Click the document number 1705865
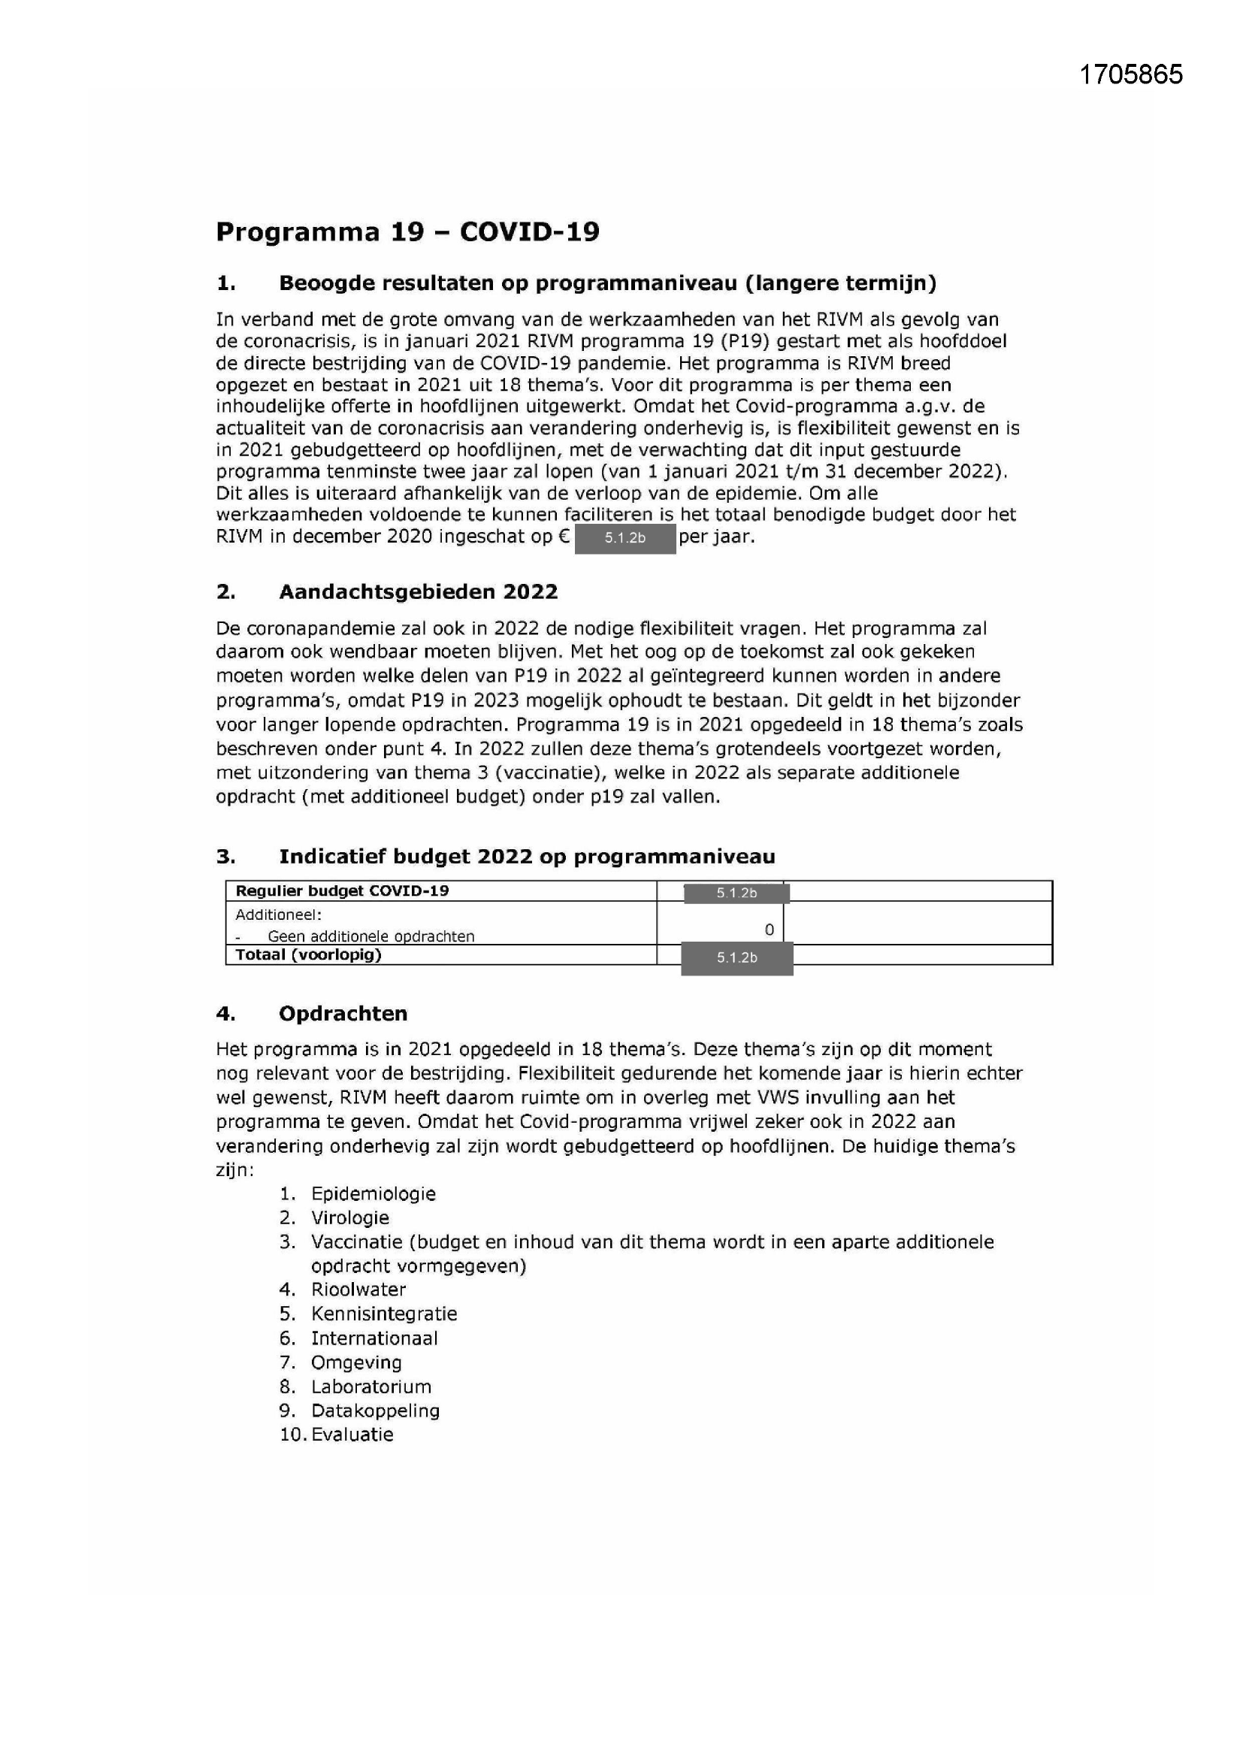pyautogui.click(x=1130, y=74)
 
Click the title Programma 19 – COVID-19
pyautogui.click(x=407, y=231)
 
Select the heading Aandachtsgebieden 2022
pyautogui.click(x=418, y=591)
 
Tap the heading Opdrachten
pyautogui.click(x=342, y=1013)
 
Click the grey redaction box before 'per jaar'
pyautogui.click(x=625, y=538)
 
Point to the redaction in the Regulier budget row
pyautogui.click(x=736, y=892)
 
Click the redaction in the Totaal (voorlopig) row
pyautogui.click(x=736, y=958)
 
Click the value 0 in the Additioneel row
pyautogui.click(x=769, y=930)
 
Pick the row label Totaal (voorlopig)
pyautogui.click(x=307, y=954)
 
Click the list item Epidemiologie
pyautogui.click(x=373, y=1194)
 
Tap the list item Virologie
pyautogui.click(x=349, y=1217)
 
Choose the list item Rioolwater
pyautogui.click(x=358, y=1290)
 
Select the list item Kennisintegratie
pyautogui.click(x=383, y=1313)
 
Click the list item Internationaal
pyautogui.click(x=374, y=1338)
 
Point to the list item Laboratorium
pyautogui.click(x=370, y=1387)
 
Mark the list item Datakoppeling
pyautogui.click(x=375, y=1411)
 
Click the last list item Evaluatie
pyautogui.click(x=352, y=1435)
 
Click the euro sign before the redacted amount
pyautogui.click(x=564, y=537)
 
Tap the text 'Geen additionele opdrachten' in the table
pyautogui.click(x=370, y=936)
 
